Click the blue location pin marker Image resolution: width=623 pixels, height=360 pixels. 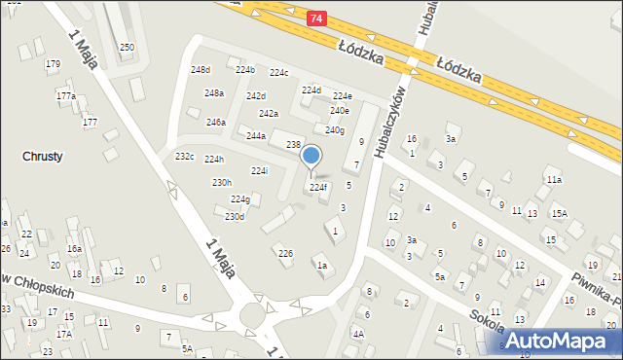(311, 156)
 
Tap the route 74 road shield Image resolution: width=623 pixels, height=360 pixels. (317, 18)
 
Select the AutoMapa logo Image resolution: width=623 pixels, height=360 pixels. (560, 340)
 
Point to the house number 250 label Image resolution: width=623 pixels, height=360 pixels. (127, 48)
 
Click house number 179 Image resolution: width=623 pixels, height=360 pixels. (53, 64)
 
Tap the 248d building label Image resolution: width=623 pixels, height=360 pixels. (201, 70)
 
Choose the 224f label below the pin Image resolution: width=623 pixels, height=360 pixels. (318, 187)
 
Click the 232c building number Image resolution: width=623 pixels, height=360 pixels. (185, 157)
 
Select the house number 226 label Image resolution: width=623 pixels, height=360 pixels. (285, 253)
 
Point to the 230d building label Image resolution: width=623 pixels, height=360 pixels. (235, 216)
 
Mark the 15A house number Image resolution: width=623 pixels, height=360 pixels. (559, 213)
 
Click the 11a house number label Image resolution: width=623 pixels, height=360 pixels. (554, 180)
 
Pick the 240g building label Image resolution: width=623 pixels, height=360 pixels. (335, 130)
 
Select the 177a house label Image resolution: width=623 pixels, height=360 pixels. (65, 96)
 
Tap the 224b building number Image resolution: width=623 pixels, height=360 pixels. (244, 70)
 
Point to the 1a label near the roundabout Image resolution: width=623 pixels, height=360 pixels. (321, 265)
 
